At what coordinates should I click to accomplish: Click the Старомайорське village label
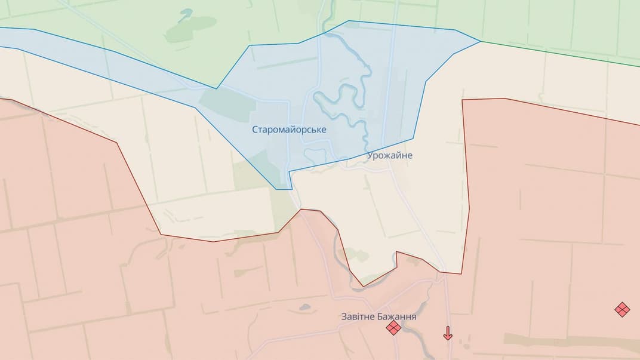click(289, 130)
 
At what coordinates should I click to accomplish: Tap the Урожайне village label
click(390, 155)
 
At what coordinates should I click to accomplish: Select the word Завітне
click(358, 316)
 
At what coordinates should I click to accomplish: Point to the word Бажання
click(397, 316)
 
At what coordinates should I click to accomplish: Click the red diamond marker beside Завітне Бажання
click(393, 327)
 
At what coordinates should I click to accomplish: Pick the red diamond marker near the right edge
click(622, 309)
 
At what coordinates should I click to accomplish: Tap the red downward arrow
click(448, 333)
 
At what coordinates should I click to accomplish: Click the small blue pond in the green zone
click(186, 13)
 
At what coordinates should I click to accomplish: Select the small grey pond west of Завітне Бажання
click(305, 307)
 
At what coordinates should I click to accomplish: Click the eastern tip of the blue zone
click(480, 41)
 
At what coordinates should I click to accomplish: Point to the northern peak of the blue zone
click(349, 21)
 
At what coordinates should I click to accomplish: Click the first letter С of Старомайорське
click(255, 130)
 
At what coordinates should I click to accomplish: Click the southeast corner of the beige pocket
click(461, 273)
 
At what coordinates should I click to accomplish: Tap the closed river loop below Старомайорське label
click(315, 157)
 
